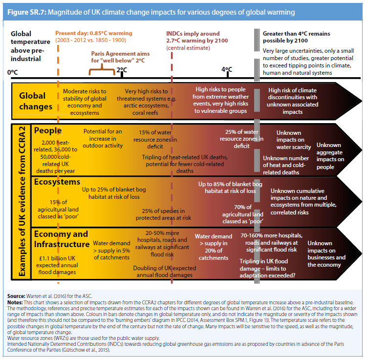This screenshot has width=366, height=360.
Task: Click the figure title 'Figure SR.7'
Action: (x=26, y=12)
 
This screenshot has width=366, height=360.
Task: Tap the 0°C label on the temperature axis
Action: (x=12, y=72)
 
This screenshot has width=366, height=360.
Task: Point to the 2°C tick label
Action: (x=122, y=70)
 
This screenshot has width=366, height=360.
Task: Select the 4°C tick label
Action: (x=227, y=69)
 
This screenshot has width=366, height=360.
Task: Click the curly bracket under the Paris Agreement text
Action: (x=102, y=69)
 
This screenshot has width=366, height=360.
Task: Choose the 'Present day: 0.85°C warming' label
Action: (x=94, y=33)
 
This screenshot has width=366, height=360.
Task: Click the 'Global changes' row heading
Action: (x=36, y=101)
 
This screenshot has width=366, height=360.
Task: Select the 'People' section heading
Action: (x=48, y=130)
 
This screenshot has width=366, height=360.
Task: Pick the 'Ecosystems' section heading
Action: (x=57, y=182)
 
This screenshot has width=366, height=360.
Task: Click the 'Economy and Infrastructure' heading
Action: (x=62, y=239)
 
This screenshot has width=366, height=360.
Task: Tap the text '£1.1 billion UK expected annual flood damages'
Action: (x=57, y=265)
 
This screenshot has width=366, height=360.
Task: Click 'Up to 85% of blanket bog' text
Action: (x=230, y=184)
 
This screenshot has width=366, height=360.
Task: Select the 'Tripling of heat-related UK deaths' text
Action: (x=185, y=157)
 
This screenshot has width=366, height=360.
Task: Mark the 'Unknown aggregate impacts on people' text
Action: (x=330, y=156)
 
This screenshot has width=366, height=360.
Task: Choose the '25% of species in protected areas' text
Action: (x=163, y=214)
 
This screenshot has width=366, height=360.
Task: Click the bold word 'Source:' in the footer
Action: (x=16, y=296)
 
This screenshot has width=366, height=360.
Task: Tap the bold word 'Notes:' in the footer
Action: (x=15, y=302)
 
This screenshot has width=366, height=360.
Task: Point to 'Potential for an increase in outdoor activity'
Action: (x=103, y=139)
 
